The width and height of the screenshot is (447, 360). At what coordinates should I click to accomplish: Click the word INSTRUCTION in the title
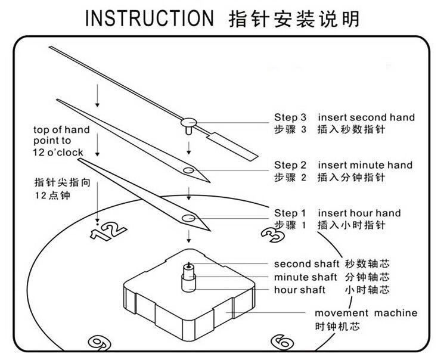pyautogui.click(x=150, y=18)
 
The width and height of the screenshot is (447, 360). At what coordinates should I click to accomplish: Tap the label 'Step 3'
pyautogui.click(x=290, y=117)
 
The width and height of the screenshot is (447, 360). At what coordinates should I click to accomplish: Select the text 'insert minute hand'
pyautogui.click(x=365, y=165)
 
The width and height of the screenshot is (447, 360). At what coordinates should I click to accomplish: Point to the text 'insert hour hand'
pyautogui.click(x=359, y=213)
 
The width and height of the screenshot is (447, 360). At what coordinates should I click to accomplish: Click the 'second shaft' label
pyautogui.click(x=306, y=264)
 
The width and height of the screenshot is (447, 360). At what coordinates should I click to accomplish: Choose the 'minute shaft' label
pyautogui.click(x=306, y=277)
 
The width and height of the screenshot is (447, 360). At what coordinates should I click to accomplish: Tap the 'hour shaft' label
pyautogui.click(x=300, y=290)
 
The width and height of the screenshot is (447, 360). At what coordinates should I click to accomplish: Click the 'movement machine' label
pyautogui.click(x=366, y=313)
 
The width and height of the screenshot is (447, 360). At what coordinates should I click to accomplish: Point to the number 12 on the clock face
pyautogui.click(x=108, y=230)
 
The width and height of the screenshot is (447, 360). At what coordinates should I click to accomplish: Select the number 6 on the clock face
pyautogui.click(x=283, y=341)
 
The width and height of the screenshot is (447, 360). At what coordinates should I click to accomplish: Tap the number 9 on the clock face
pyautogui.click(x=100, y=343)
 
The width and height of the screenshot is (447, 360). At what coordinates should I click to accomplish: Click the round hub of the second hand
pyautogui.click(x=189, y=123)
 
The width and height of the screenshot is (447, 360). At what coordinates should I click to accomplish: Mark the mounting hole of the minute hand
pyautogui.click(x=188, y=170)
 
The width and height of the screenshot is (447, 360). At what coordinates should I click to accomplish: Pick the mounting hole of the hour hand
pyautogui.click(x=188, y=219)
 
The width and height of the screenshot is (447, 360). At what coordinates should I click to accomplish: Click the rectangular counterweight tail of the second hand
pyautogui.click(x=232, y=147)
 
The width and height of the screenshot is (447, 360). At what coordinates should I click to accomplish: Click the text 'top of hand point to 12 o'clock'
pyautogui.click(x=61, y=141)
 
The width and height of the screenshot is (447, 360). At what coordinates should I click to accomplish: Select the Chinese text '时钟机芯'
pyautogui.click(x=337, y=326)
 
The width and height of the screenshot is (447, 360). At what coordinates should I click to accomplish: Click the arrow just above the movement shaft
pyautogui.click(x=188, y=237)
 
